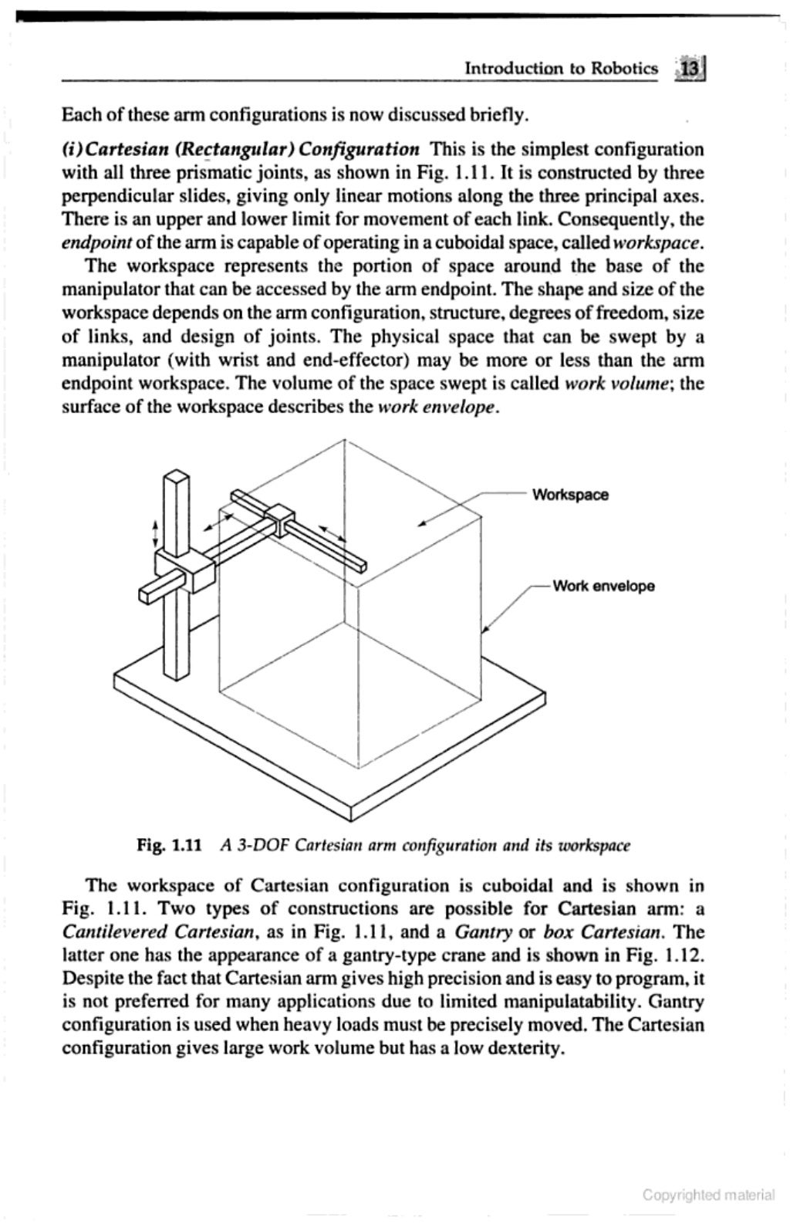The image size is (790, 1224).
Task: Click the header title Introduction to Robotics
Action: click(562, 69)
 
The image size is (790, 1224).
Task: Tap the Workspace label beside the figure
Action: click(570, 495)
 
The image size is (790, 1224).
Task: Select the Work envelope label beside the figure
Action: click(603, 586)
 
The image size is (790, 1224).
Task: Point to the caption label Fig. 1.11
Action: click(169, 844)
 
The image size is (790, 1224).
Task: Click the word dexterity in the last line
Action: click(520, 1049)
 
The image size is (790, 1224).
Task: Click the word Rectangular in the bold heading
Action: click(227, 148)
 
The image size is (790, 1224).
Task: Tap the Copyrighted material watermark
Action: click(708, 1195)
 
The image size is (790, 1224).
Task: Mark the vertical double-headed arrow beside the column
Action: click(155, 533)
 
